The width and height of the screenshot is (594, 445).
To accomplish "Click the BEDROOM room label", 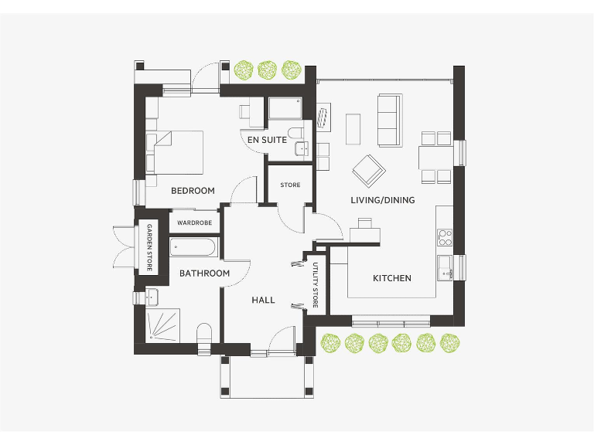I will (x=193, y=190).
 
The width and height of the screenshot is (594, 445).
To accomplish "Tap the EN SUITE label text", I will (x=267, y=140).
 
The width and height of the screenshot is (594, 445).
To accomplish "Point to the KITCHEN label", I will (x=392, y=278).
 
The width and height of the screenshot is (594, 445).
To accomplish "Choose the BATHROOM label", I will (x=204, y=273).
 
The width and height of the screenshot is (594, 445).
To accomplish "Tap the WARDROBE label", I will (x=194, y=222).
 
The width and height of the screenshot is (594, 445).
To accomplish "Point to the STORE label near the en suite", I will (x=290, y=185).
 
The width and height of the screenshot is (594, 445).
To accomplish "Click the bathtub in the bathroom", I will (x=194, y=247).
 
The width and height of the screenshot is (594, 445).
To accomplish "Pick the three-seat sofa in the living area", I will (x=389, y=121).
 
